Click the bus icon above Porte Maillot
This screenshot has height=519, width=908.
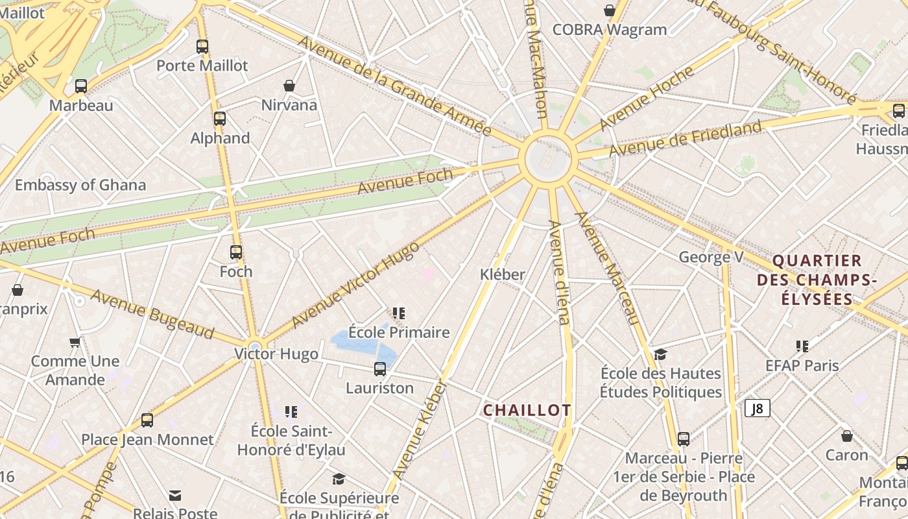(x=202, y=47)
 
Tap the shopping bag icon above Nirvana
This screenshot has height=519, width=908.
(x=289, y=86)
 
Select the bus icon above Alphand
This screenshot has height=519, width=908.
(x=220, y=119)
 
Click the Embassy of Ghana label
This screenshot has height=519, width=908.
(x=80, y=185)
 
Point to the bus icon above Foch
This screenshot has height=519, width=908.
(x=236, y=252)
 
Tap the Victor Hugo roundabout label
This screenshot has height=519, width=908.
(x=276, y=354)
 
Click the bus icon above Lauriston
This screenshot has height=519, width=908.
(x=380, y=369)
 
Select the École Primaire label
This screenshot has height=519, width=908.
(x=399, y=333)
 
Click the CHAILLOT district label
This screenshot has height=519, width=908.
(x=527, y=410)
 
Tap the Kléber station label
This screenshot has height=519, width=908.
(x=503, y=274)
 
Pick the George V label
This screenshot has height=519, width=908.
(x=711, y=257)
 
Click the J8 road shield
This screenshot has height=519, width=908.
(x=757, y=408)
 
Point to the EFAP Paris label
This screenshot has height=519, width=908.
(x=802, y=365)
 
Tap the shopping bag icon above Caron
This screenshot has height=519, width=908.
(x=846, y=436)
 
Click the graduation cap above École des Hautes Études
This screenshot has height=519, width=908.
(x=660, y=354)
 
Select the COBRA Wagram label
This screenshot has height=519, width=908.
(x=610, y=30)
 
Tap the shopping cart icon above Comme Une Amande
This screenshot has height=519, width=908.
(x=75, y=342)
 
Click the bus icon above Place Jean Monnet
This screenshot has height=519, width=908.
(x=147, y=420)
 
